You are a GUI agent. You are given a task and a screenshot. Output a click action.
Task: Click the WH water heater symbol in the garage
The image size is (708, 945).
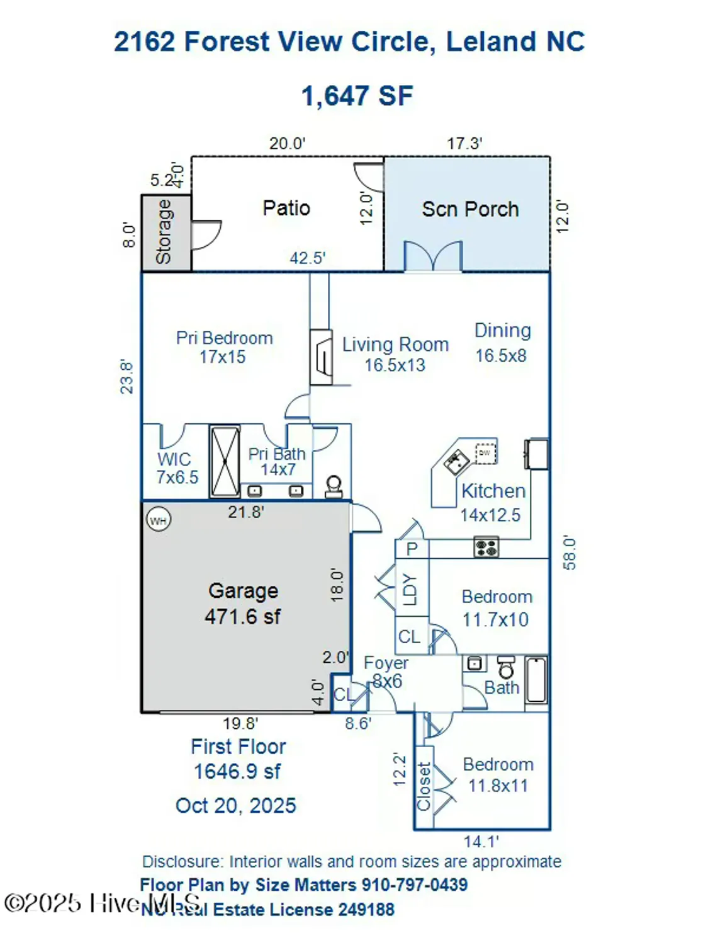point(158,520)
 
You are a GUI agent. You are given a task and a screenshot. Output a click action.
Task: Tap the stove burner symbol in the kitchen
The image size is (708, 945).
point(486,547)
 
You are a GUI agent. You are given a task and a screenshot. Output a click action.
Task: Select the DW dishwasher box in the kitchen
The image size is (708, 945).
point(485,453)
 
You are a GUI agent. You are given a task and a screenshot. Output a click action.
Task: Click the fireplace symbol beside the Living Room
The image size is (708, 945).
point(322,357)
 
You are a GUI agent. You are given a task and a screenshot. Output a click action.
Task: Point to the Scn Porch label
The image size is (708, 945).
point(470,209)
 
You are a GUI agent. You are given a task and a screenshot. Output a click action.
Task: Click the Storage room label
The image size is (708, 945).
point(164,232)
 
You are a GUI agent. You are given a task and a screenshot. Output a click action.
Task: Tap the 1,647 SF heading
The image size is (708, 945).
point(357,96)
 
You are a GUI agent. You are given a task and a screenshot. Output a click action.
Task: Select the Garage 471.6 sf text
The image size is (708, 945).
point(243,603)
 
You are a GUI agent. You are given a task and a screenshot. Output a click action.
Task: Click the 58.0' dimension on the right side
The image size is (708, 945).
point(569,553)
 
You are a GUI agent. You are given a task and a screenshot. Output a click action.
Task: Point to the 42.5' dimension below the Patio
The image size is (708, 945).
point(307,258)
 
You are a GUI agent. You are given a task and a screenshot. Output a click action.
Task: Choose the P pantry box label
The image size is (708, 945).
point(412,549)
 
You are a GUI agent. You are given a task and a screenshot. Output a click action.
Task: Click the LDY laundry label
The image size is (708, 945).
point(410,589)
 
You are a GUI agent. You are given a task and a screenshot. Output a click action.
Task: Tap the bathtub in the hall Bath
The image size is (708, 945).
point(536,680)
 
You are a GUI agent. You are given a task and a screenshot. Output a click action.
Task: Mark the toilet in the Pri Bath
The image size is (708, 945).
point(334,486)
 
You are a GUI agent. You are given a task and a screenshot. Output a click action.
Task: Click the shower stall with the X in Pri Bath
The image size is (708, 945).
point(225,462)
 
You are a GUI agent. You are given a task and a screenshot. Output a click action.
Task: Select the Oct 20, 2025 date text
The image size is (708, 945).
point(236,806)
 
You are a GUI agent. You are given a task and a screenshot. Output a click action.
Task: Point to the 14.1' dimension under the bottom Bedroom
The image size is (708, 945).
point(481,842)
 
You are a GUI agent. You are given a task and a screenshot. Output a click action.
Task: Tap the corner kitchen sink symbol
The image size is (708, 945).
point(455,462)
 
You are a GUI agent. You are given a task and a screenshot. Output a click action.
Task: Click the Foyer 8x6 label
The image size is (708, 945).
point(385,672)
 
